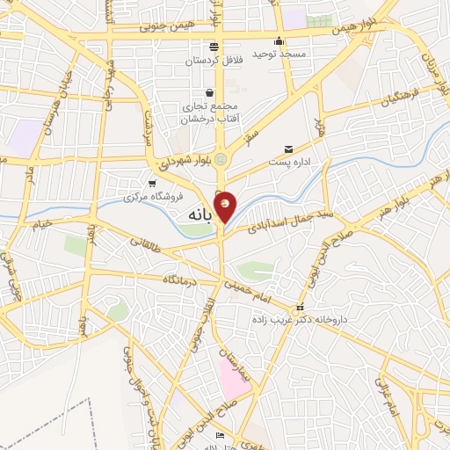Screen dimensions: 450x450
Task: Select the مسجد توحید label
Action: [x=279, y=54]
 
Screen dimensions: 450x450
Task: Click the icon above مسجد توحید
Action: [x=279, y=40]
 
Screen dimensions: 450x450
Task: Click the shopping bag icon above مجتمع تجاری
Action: [x=209, y=92]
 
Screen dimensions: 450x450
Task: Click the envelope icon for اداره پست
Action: [x=288, y=149]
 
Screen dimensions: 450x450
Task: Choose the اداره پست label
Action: [x=288, y=163]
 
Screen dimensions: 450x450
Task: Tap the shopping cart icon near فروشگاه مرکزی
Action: [x=153, y=184]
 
